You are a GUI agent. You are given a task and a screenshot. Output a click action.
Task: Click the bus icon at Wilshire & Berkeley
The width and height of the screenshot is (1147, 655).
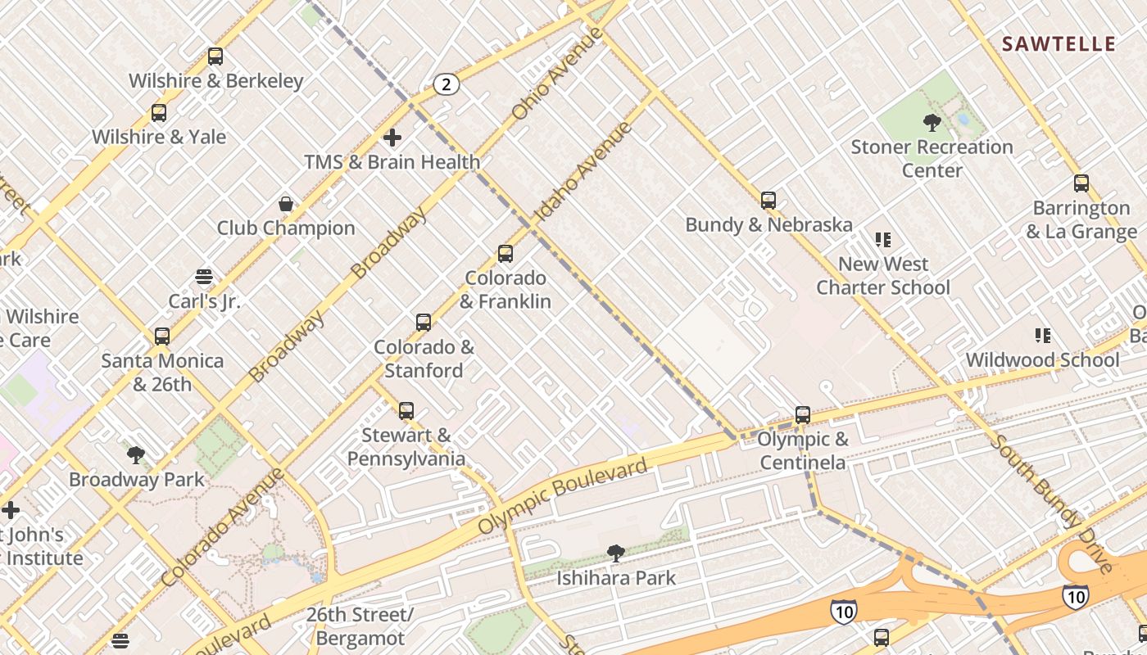[x=215, y=56]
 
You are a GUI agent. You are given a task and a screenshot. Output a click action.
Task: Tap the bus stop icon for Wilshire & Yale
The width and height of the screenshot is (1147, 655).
[x=159, y=113]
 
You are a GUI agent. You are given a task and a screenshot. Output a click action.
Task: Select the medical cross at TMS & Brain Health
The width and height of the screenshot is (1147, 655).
[x=392, y=138]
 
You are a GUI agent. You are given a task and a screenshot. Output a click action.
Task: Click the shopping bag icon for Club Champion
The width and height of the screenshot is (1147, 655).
[x=286, y=204]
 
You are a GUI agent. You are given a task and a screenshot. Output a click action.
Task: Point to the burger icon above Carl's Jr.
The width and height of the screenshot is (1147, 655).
[x=204, y=278]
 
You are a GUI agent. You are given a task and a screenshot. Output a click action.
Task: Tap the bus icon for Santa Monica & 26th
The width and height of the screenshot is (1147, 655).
[x=162, y=337]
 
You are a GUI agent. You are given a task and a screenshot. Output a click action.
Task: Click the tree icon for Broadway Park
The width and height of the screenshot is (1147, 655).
[x=136, y=455]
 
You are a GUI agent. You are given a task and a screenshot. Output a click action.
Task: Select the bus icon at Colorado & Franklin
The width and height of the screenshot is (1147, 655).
[x=505, y=254]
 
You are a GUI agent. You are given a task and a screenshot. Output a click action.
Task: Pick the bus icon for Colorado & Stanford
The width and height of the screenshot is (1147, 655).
[x=424, y=323]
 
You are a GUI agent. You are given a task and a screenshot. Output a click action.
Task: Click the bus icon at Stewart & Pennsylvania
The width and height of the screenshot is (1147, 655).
[x=406, y=411]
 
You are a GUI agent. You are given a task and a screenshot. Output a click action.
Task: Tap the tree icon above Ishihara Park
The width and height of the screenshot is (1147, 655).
[x=616, y=554]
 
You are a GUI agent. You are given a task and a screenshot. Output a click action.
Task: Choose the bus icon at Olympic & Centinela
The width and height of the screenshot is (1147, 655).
[x=803, y=415]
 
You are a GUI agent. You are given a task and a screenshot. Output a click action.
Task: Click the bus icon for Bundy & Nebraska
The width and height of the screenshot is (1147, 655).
[x=768, y=201]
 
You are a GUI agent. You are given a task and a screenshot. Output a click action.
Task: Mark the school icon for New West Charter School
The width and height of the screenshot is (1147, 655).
[x=883, y=240]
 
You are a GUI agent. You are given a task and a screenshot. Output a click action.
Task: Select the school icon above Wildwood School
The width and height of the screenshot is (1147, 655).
[x=1043, y=336]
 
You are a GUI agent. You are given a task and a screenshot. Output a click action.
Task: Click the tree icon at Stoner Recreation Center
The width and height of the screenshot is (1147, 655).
[x=932, y=124]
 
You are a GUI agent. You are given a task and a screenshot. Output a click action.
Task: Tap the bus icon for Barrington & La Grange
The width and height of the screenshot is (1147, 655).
[x=1081, y=183]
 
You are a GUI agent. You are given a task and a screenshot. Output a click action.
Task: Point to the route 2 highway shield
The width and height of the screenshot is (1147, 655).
[x=446, y=84]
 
